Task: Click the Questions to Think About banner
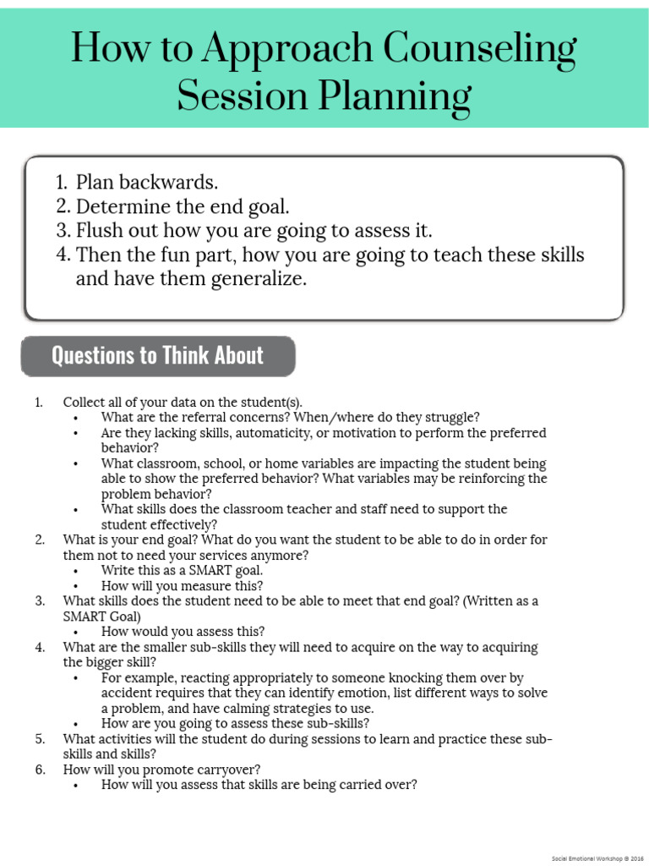click(x=158, y=356)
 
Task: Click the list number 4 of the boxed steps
click(x=62, y=255)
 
